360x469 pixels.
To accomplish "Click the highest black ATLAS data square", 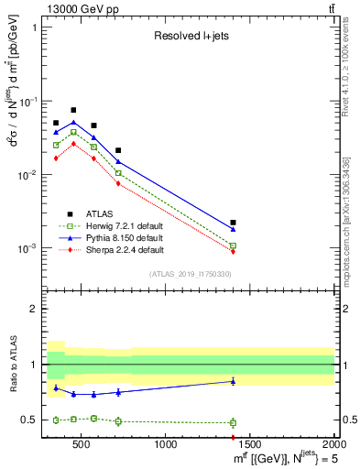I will (x=73, y=110).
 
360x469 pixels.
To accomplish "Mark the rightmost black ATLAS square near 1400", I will (x=234, y=223).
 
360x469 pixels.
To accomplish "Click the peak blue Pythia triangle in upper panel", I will (x=73, y=122).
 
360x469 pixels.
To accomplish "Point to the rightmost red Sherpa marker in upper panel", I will (x=234, y=252).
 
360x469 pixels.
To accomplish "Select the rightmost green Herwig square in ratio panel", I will (x=234, y=422).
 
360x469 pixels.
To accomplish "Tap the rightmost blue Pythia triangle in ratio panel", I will (x=234, y=381).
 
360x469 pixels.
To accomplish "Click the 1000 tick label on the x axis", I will (x=166, y=445).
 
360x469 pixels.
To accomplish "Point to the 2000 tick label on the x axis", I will (x=333, y=445).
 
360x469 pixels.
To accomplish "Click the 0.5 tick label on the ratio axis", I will (x=29, y=420).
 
